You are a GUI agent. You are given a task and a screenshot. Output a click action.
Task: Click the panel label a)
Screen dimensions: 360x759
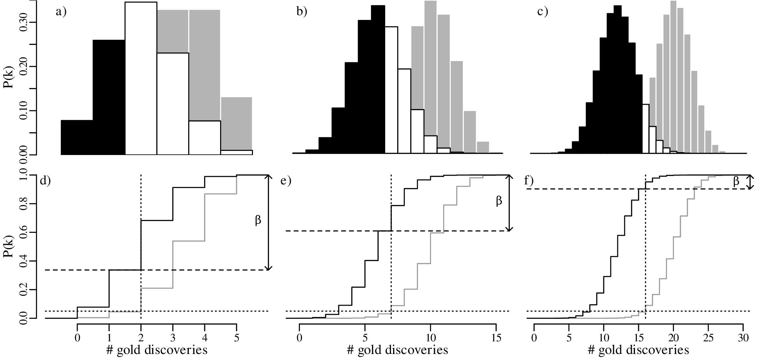point(61,12)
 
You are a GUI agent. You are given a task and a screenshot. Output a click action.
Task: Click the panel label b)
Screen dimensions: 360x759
point(302,12)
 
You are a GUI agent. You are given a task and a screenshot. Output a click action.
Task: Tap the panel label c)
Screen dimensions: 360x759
point(543,12)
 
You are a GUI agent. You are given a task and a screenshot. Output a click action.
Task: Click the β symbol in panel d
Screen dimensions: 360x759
point(258,220)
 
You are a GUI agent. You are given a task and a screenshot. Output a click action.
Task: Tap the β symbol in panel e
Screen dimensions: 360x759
point(499,201)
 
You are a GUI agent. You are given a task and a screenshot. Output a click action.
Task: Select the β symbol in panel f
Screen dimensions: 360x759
point(736,181)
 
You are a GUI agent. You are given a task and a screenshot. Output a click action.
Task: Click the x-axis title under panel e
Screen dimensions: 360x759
point(398,350)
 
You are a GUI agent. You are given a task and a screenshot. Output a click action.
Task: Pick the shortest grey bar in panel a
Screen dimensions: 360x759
point(236,123)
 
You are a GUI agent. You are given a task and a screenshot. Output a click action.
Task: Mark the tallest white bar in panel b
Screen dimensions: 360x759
point(391,90)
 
